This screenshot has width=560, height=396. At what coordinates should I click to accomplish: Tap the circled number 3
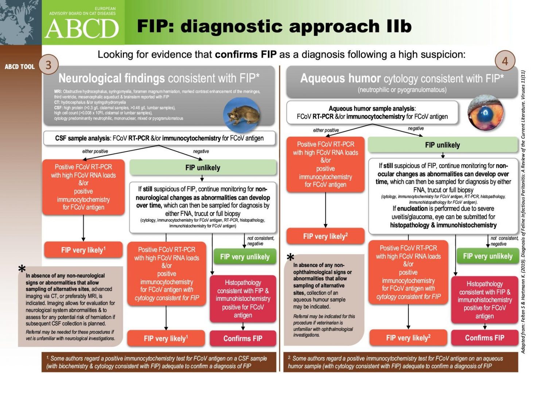(48, 65)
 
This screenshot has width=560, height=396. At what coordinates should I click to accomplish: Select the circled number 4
(505, 61)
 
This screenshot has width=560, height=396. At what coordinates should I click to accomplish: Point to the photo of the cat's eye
(487, 112)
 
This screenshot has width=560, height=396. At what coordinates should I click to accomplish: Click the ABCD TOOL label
(20, 67)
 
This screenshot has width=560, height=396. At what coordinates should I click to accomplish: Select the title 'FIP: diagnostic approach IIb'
(274, 26)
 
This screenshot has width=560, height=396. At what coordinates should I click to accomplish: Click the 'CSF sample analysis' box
(159, 138)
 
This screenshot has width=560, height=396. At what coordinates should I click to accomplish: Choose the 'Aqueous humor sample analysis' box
(372, 113)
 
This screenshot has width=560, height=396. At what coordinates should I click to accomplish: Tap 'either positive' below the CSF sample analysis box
(95, 151)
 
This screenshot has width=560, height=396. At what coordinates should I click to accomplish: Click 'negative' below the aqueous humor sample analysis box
(416, 128)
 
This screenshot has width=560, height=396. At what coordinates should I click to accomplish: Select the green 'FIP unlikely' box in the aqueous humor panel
(443, 145)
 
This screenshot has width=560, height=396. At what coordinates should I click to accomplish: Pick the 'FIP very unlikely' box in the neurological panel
(245, 257)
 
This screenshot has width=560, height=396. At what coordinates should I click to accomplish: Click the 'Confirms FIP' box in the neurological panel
(243, 338)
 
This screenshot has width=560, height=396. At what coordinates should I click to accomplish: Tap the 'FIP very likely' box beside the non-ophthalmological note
(325, 236)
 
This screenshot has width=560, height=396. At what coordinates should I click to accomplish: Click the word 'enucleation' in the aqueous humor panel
(412, 209)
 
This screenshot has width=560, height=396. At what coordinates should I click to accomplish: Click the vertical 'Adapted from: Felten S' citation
(523, 211)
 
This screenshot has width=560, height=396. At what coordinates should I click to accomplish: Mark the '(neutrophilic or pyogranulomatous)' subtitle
(402, 90)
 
